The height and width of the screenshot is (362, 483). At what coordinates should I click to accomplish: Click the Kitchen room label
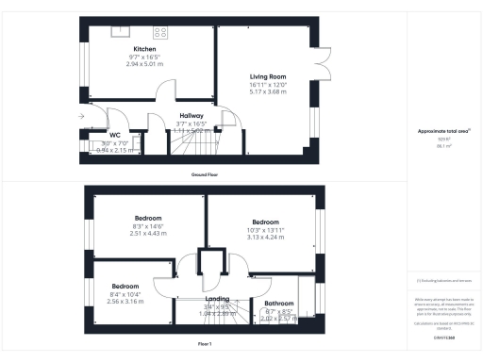pyautogui.click(x=144, y=48)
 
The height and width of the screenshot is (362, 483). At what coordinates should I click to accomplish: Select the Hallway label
pyautogui.click(x=192, y=116)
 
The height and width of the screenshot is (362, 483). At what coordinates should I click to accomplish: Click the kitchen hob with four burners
pyautogui.click(x=160, y=32)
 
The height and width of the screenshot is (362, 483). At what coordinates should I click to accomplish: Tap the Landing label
pyautogui.click(x=215, y=299)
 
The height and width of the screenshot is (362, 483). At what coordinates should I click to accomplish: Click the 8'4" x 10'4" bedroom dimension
pyautogui.click(x=125, y=295)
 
